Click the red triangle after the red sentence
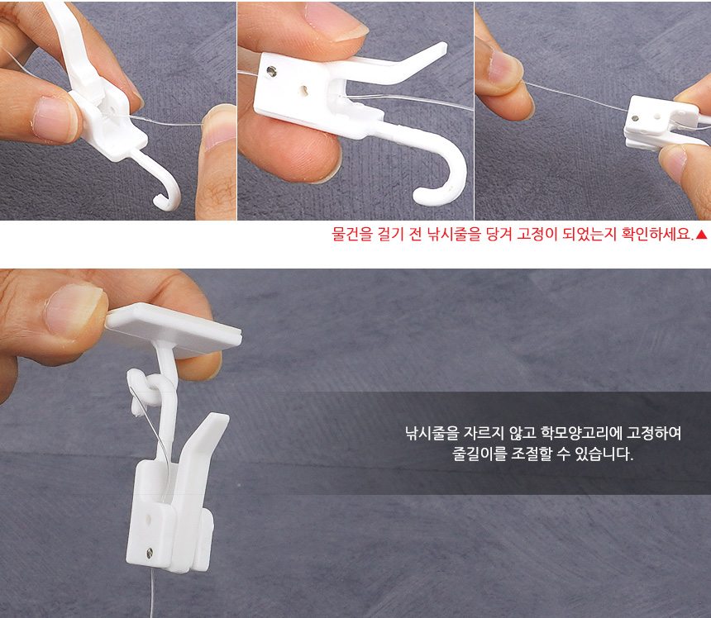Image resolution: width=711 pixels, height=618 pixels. click(x=701, y=235)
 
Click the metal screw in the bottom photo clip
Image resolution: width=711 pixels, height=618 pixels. click(x=149, y=552)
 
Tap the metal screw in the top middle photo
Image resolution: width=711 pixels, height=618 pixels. click(x=272, y=71)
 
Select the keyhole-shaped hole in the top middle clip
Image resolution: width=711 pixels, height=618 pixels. click(x=305, y=90)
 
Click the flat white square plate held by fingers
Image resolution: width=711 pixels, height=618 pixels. click(x=174, y=329)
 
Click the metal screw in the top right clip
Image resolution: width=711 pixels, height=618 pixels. click(x=635, y=119)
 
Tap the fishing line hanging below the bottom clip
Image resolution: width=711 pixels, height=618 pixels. click(x=152, y=593)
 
